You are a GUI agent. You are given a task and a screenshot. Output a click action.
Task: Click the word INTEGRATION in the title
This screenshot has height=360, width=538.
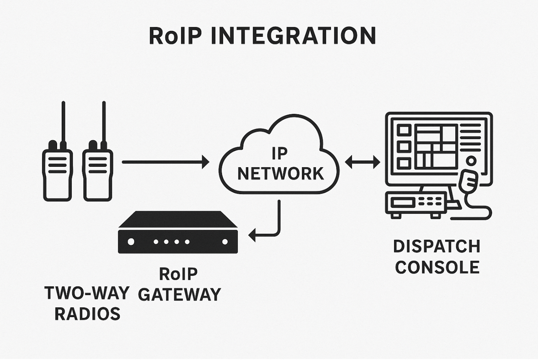click(293, 36)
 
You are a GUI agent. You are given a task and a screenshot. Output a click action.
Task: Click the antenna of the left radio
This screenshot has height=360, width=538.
click(63, 121)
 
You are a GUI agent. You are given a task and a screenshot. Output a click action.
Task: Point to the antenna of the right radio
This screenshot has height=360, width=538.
click(104, 121)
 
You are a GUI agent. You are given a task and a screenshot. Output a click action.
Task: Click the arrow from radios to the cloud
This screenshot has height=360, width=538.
click(166, 162)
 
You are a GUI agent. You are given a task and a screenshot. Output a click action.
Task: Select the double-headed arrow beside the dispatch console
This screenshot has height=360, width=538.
click(362, 162)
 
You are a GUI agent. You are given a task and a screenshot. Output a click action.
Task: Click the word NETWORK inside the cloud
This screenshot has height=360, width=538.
click(280, 174)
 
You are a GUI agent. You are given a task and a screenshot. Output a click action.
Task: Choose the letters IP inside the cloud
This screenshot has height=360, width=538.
click(280, 154)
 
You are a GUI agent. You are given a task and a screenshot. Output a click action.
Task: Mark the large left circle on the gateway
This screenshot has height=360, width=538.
click(131, 242)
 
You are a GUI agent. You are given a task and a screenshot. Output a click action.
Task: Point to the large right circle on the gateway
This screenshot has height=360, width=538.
click(225, 242)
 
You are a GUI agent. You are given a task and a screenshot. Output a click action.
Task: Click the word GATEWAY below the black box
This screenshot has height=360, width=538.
click(179, 294)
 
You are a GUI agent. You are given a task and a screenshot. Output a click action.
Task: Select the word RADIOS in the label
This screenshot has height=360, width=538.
click(87, 314)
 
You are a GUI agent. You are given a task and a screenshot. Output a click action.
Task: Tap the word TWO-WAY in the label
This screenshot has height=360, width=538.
click(87, 293)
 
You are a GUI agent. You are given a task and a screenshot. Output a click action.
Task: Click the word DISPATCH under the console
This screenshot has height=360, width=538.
click(437, 247)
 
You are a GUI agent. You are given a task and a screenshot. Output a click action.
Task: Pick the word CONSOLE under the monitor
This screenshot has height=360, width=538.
click(437, 267)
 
